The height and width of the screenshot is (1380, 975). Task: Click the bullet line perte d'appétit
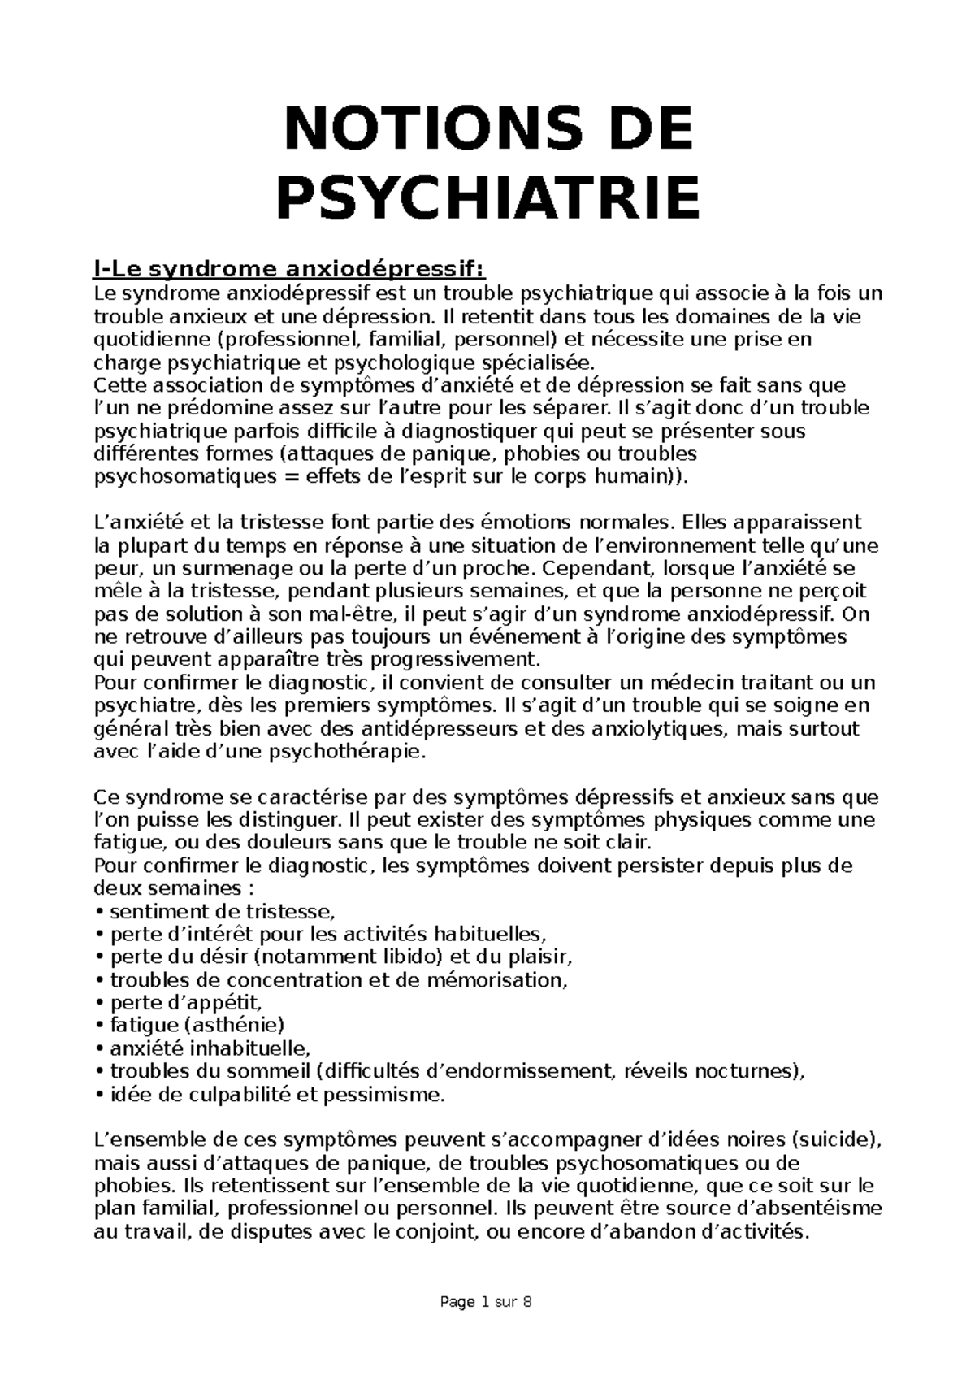186,1003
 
